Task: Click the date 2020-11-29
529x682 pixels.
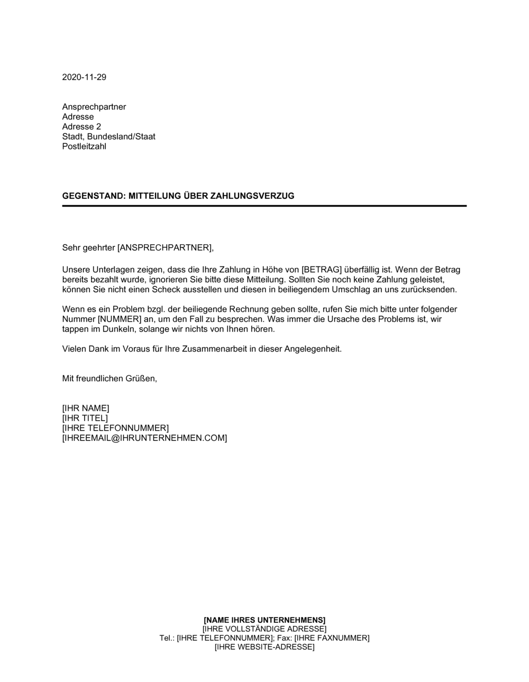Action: pos(84,77)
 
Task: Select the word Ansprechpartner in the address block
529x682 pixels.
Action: pos(94,107)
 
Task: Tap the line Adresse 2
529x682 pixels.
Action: pos(81,127)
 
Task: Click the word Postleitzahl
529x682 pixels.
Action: pos(84,146)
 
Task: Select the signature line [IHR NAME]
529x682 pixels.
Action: pos(86,408)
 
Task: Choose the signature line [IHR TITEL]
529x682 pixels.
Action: pos(85,418)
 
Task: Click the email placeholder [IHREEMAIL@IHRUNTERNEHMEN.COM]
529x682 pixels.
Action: pos(144,438)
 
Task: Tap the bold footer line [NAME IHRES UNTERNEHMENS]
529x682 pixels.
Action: pos(264,620)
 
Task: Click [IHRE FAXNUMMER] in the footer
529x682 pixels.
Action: pos(332,638)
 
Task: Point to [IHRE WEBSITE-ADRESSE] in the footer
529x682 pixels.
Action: pos(264,647)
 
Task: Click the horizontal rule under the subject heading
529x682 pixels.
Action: pos(264,206)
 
